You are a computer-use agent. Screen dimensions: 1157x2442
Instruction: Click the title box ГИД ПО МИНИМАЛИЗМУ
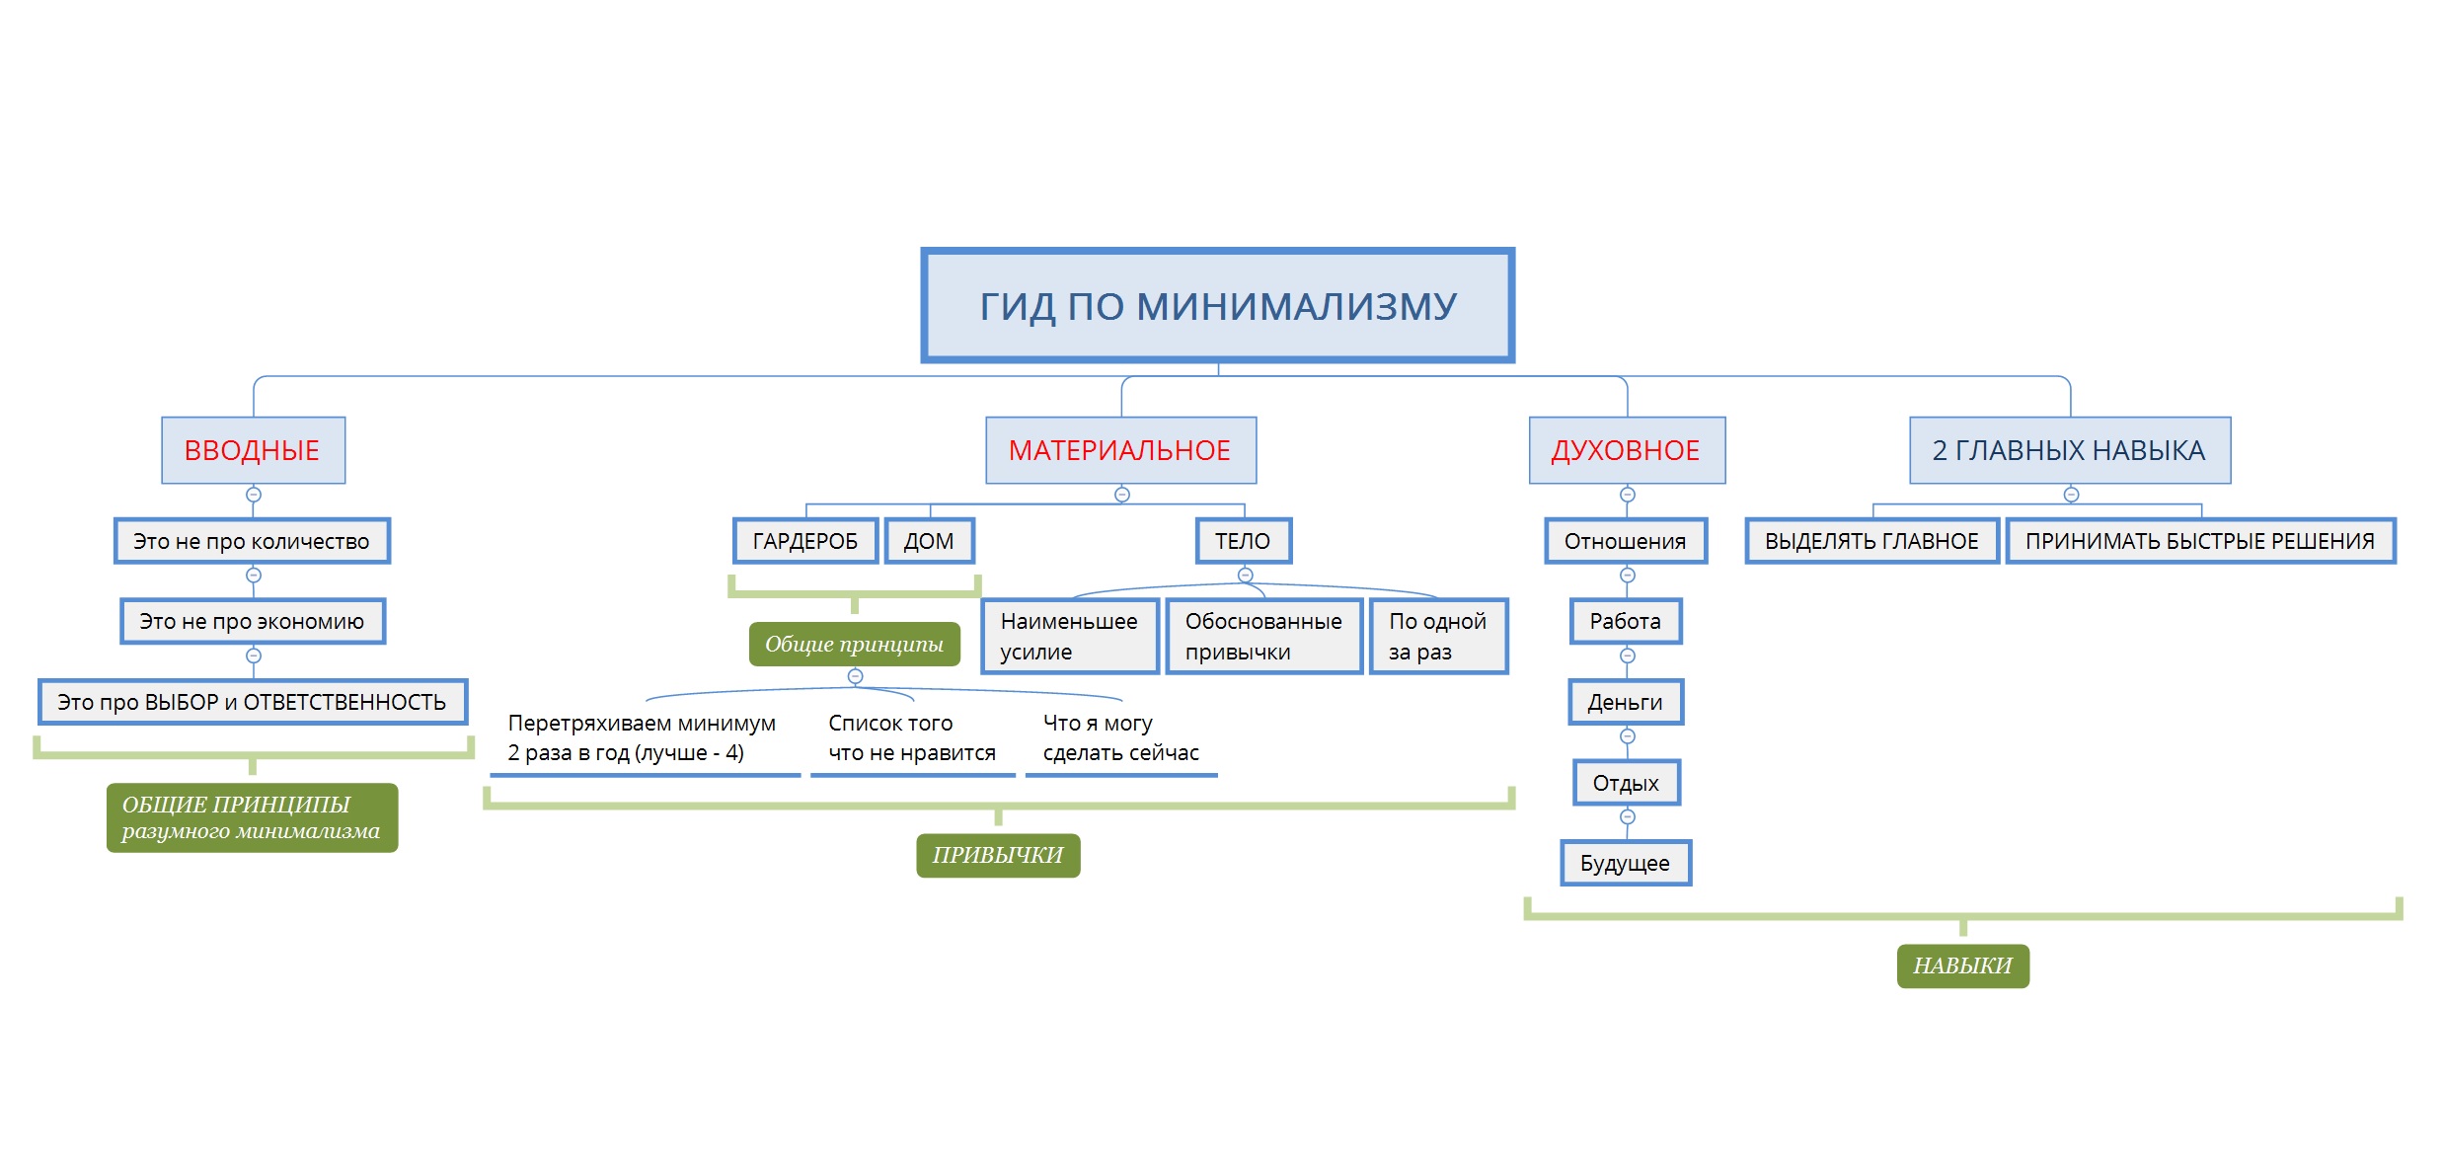[1217, 305]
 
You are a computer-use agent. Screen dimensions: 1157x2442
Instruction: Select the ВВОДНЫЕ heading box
[253, 450]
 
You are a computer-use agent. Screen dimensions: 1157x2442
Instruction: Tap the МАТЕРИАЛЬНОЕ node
[1120, 450]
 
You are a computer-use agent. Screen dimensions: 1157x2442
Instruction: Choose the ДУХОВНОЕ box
[1626, 450]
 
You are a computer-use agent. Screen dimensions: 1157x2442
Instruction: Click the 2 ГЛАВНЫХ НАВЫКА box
[2069, 450]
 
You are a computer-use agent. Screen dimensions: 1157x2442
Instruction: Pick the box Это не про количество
[252, 541]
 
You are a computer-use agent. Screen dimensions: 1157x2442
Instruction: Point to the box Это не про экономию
[252, 621]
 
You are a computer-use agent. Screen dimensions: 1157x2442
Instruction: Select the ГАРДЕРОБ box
[804, 541]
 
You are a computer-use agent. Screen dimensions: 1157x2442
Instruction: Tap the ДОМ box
[929, 541]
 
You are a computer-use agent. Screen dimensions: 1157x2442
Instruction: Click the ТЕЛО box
[1243, 541]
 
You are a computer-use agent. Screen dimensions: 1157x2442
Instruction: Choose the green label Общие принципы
[854, 644]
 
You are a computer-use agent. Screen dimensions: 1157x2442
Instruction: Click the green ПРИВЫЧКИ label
[998, 855]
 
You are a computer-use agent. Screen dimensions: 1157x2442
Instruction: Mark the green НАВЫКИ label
[1962, 965]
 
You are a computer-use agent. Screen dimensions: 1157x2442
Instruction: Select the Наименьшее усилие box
[1069, 636]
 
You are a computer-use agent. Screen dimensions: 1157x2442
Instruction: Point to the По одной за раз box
[1438, 636]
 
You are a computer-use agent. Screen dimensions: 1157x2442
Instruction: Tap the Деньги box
[1626, 702]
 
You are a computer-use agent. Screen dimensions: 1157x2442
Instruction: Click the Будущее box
[1626, 863]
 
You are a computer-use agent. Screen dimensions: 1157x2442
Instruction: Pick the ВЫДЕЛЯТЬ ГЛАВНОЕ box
[1871, 541]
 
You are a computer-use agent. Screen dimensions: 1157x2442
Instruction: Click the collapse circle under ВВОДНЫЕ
[254, 495]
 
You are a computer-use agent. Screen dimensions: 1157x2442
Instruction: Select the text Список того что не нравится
[912, 738]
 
